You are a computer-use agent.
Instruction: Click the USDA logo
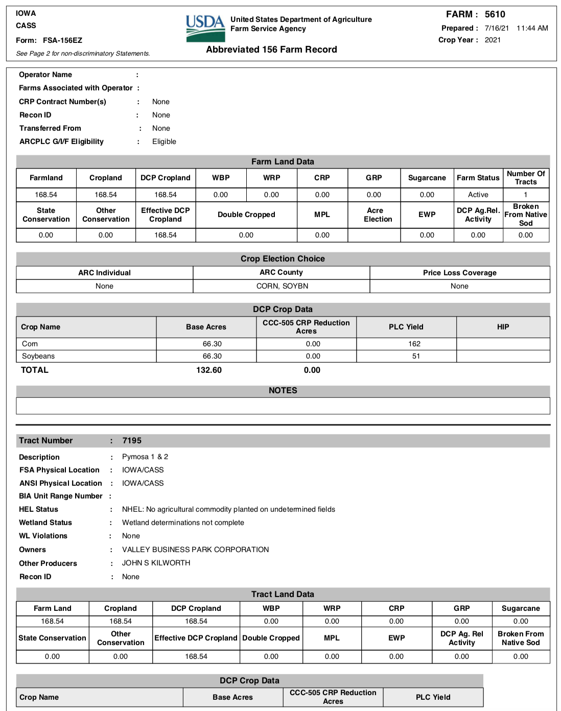point(205,28)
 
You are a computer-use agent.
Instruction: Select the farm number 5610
point(495,14)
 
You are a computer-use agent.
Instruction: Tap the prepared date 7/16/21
point(497,28)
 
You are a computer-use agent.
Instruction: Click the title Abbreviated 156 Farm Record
point(271,50)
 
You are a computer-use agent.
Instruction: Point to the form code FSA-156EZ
point(62,40)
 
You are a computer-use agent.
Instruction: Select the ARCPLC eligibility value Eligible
point(164,141)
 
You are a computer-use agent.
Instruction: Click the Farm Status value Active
point(478,195)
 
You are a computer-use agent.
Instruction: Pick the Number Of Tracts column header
point(526,178)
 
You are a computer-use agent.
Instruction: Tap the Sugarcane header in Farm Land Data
point(427,178)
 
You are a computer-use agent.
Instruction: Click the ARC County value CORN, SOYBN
point(282,286)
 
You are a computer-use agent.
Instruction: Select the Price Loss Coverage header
point(459,273)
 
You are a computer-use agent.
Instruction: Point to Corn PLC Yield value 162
point(414,344)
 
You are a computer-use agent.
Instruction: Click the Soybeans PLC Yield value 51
point(416,356)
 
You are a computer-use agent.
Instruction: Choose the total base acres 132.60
point(209,370)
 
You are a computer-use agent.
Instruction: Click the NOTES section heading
point(283,391)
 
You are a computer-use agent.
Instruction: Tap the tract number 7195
point(132,441)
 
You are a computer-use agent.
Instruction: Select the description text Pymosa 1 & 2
point(145,457)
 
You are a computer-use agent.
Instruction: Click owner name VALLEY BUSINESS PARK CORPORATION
point(195,550)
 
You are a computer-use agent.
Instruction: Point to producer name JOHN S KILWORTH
point(156,563)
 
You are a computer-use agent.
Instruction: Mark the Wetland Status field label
point(45,523)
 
